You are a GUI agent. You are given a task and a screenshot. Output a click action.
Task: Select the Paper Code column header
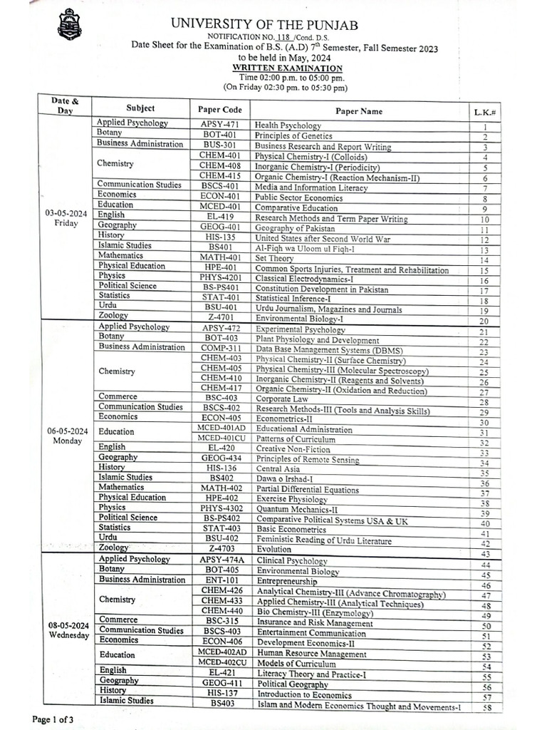tap(220, 109)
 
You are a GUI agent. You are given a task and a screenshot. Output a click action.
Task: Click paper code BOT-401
tap(219, 134)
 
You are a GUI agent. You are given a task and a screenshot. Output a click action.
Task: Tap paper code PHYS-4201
tap(219, 279)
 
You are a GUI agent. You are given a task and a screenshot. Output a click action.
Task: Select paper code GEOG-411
tap(219, 682)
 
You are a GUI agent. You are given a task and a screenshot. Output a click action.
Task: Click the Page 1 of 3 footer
tap(53, 719)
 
